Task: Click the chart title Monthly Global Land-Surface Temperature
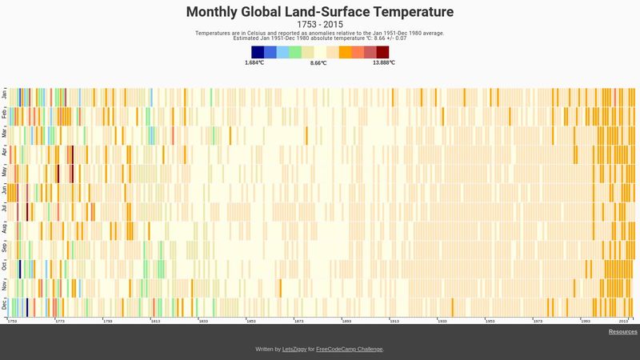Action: (320, 12)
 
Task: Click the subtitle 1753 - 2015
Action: (320, 25)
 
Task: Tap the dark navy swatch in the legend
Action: (258, 52)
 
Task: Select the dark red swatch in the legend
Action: (382, 52)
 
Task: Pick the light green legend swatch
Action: (295, 52)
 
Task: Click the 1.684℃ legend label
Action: (254, 62)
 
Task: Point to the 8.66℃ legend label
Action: (318, 62)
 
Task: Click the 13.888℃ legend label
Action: (383, 62)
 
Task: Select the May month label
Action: (4, 172)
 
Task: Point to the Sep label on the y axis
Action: (4, 248)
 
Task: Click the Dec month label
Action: (4, 305)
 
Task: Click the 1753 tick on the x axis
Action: (12, 321)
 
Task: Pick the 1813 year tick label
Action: (155, 321)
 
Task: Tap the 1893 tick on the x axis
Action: (346, 321)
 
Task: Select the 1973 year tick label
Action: (537, 321)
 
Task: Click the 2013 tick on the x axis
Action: (632, 321)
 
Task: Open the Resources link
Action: (622, 332)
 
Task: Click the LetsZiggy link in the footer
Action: (294, 350)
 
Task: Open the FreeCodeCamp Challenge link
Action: (350, 350)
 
